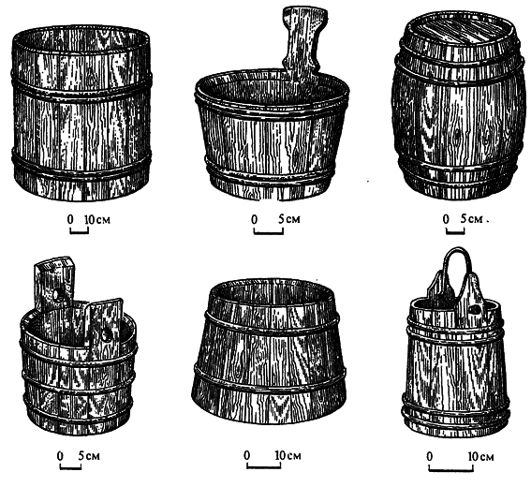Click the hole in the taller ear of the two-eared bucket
[x=56, y=296]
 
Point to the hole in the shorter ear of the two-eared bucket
[x=106, y=334]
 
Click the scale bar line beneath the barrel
[x=455, y=232]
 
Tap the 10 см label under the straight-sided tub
[x=97, y=219]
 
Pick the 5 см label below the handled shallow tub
[x=288, y=219]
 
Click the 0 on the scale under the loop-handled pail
[x=430, y=456]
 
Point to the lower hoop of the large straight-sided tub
[x=81, y=163]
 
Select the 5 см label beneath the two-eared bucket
[x=89, y=456]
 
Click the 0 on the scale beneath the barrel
[x=446, y=219]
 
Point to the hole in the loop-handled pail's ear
[x=476, y=309]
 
